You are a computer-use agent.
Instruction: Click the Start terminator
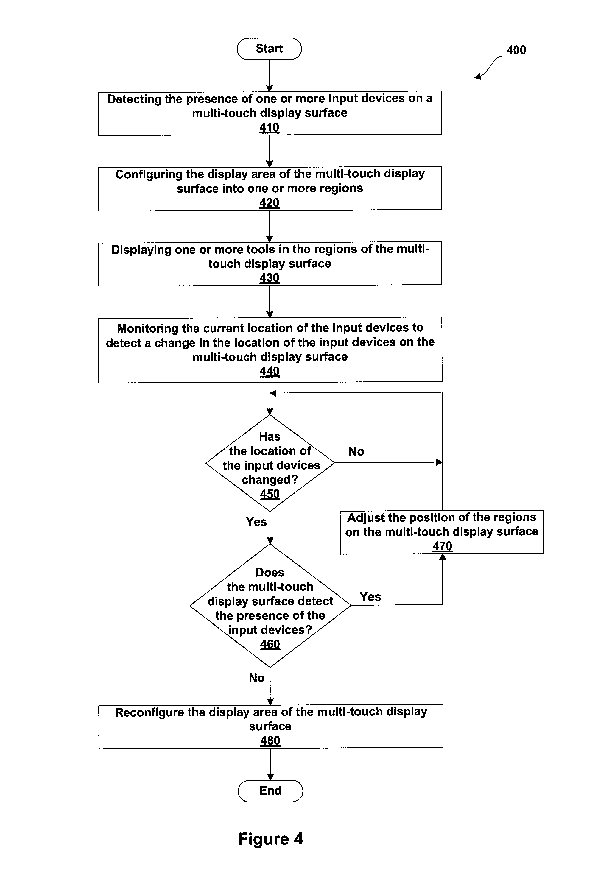(x=269, y=49)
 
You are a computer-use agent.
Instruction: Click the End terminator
(x=270, y=791)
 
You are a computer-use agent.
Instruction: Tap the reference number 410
(x=269, y=127)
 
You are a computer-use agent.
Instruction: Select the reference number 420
(x=269, y=203)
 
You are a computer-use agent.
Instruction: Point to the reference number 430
(x=269, y=278)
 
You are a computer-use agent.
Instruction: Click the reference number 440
(x=270, y=371)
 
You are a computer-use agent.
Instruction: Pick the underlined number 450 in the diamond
(x=270, y=494)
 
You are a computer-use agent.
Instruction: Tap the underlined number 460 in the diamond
(x=270, y=644)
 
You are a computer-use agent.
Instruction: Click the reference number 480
(x=270, y=740)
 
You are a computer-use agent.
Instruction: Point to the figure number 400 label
(x=516, y=50)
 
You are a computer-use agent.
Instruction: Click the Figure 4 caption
(x=270, y=839)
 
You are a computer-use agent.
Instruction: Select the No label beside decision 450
(x=356, y=451)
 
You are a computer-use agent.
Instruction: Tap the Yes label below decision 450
(x=256, y=522)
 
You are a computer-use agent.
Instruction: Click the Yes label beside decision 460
(x=370, y=597)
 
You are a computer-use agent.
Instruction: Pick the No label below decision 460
(x=257, y=678)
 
